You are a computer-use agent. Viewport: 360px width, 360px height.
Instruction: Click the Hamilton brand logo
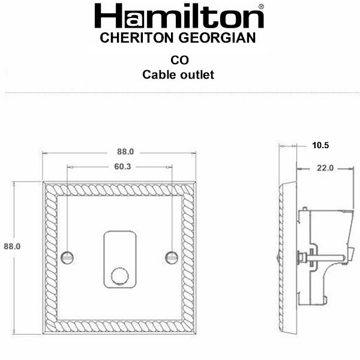pyautogui.click(x=179, y=16)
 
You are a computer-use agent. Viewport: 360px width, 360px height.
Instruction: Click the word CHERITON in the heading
pyautogui.click(x=137, y=38)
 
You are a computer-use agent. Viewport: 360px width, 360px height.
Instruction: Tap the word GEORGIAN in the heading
pyautogui.click(x=217, y=38)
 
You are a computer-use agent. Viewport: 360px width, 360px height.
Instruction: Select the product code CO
pyautogui.click(x=179, y=60)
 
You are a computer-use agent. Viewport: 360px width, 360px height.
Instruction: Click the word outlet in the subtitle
pyautogui.click(x=197, y=74)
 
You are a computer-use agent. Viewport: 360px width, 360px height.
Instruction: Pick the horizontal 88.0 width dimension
pyautogui.click(x=125, y=152)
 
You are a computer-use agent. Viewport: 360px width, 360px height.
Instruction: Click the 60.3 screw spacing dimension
pyautogui.click(x=122, y=167)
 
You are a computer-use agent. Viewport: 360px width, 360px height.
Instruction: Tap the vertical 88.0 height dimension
pyautogui.click(x=12, y=247)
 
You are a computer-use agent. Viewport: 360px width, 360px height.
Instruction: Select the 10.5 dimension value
pyautogui.click(x=320, y=145)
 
